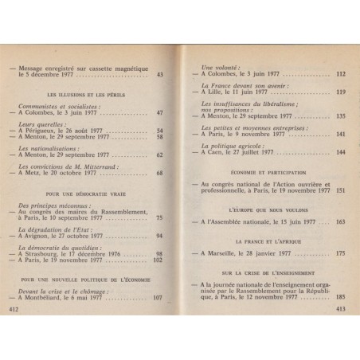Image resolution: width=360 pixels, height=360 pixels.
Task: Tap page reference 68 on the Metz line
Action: (x=159, y=174)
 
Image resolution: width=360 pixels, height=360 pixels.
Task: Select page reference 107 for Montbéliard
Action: (x=157, y=298)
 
